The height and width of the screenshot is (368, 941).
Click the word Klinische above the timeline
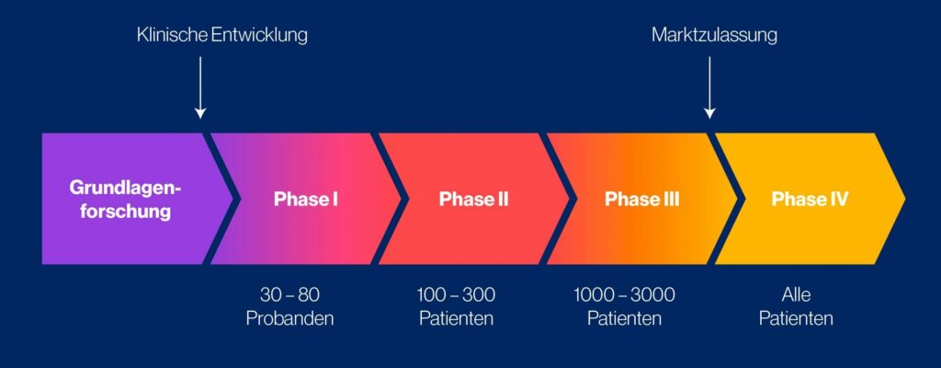(169, 36)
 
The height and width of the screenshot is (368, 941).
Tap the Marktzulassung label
(714, 36)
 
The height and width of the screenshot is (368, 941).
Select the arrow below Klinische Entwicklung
(200, 87)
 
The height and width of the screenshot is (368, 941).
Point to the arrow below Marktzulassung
(709, 87)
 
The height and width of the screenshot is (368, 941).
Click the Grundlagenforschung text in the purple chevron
(126, 199)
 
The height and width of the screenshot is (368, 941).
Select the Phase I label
(306, 199)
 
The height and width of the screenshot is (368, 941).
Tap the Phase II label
(473, 199)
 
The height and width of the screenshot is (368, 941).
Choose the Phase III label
(641, 199)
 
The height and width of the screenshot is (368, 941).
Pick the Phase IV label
(810, 199)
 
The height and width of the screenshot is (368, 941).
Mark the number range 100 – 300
(457, 295)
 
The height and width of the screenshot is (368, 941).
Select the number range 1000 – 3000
(624, 295)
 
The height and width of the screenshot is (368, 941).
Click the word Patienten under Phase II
(457, 319)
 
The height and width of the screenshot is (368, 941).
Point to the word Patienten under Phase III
(624, 319)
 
